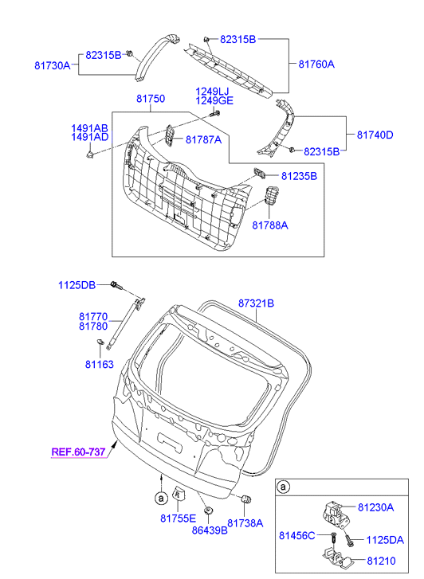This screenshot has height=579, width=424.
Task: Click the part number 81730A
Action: pos(52,66)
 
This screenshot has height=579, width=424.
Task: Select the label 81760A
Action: pos(316,65)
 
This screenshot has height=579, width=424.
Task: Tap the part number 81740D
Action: pos(375,135)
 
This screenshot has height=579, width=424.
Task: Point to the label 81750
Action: pos(151,99)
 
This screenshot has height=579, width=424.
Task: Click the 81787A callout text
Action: pos(204,140)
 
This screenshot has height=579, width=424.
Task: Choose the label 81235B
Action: pos(299,176)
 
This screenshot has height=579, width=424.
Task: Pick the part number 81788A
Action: pos(270,225)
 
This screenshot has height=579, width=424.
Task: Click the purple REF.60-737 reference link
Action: pos(78,452)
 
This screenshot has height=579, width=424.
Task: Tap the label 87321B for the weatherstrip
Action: pos(256,303)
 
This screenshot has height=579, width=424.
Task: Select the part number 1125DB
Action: pos(77,285)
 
